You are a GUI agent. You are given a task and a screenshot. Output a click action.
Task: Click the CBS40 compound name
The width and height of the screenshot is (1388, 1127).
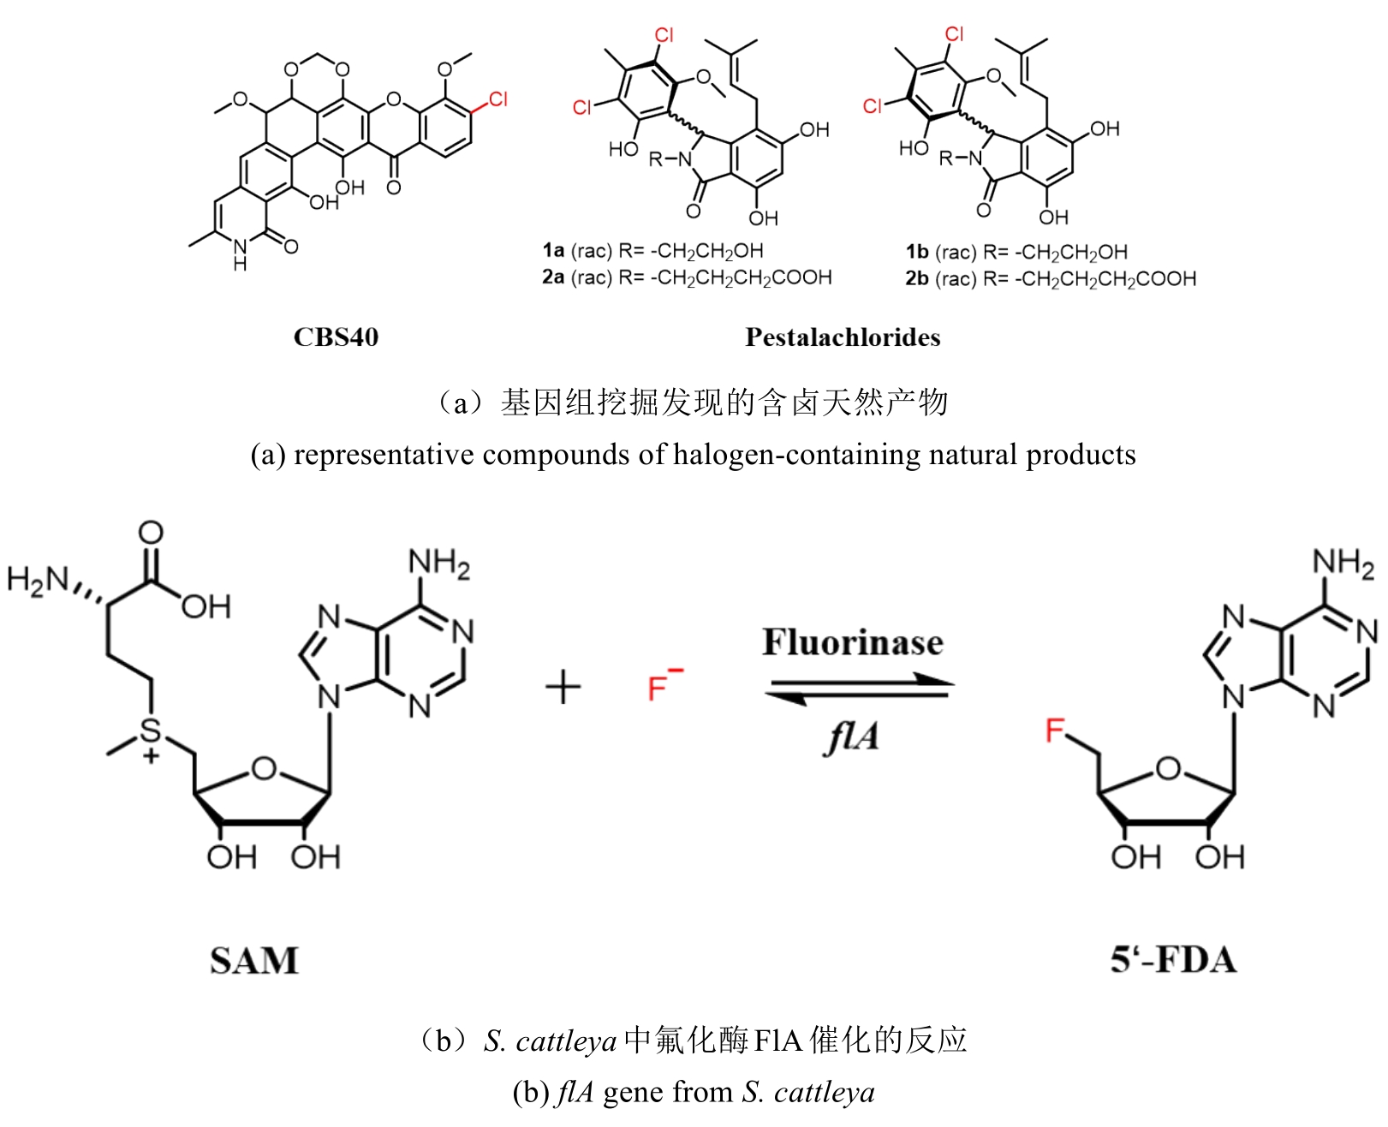point(336,337)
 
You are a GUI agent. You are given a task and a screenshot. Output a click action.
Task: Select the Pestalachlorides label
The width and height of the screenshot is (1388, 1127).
point(843,337)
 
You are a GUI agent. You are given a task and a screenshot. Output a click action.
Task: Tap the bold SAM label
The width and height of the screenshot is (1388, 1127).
point(254,960)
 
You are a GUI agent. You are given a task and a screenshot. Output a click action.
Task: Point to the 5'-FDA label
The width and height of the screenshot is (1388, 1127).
point(1173,959)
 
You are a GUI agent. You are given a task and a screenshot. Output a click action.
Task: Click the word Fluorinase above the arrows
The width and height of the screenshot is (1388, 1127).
point(853,642)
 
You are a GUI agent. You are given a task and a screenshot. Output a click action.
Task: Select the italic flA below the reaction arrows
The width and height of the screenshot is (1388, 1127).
point(851,736)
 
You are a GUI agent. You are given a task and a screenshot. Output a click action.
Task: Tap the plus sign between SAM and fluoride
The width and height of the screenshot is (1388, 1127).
point(563,687)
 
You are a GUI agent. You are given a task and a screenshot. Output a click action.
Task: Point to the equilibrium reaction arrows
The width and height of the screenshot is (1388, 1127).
point(859,689)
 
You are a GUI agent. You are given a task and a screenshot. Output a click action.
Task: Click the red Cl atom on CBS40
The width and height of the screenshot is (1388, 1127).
point(497,100)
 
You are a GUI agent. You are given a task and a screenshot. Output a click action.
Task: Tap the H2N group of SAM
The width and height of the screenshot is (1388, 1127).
point(39,580)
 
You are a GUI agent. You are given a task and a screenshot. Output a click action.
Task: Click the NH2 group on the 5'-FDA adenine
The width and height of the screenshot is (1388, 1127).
point(1343,563)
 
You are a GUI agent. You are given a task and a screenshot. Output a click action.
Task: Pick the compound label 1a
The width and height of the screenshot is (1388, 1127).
point(553,251)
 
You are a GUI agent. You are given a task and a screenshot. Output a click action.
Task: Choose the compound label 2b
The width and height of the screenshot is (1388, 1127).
point(917,278)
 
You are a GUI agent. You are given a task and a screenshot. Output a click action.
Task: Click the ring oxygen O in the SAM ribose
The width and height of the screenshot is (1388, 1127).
point(265,768)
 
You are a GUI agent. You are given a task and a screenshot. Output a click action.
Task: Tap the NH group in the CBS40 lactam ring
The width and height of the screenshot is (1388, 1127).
point(241,253)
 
